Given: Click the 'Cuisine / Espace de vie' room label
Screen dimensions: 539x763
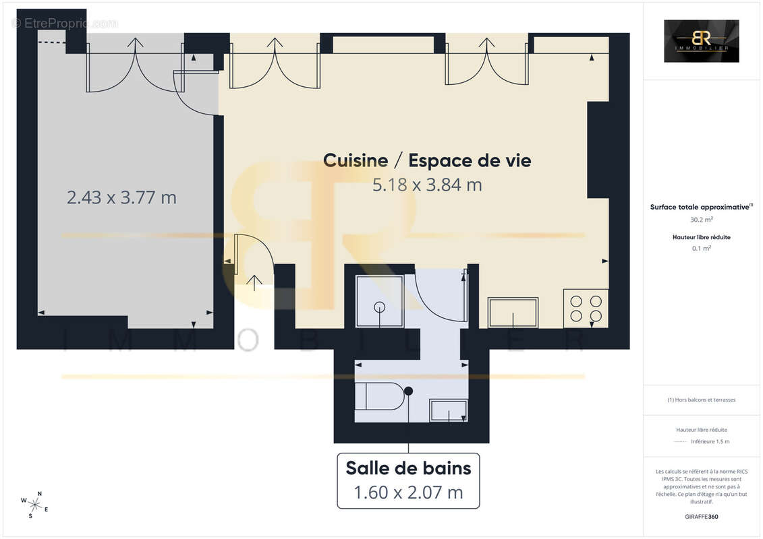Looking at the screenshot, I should tap(427, 160).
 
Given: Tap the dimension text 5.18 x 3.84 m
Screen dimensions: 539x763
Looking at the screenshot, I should tap(427, 185).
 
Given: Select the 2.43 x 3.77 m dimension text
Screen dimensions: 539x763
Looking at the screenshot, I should tap(121, 197).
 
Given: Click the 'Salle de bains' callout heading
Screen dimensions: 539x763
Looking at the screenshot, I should tap(408, 467).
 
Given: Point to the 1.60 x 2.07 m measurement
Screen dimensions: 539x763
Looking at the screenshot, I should tap(408, 493).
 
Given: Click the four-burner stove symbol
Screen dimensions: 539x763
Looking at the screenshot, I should tap(586, 309).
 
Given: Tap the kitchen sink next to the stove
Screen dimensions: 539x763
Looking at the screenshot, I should tap(513, 313).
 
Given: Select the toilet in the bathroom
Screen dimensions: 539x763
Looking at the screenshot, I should tap(380, 396).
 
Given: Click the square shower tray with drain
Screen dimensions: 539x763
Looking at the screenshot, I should tap(379, 297).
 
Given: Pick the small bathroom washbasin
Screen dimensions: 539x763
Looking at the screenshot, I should tap(449, 410).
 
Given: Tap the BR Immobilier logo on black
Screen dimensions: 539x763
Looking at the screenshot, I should tap(701, 41).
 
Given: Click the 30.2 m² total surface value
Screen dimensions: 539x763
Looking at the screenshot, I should tap(701, 219).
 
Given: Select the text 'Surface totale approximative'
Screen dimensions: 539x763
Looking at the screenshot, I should tap(700, 208).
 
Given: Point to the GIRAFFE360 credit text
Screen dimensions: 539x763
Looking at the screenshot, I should tap(702, 517).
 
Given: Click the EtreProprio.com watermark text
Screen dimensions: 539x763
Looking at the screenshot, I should tap(65, 23).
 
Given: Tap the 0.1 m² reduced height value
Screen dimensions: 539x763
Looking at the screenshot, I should tap(701, 248).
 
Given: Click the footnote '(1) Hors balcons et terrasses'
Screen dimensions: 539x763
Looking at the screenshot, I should tap(701, 400).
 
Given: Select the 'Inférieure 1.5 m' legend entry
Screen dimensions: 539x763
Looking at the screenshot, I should tap(710, 441).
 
